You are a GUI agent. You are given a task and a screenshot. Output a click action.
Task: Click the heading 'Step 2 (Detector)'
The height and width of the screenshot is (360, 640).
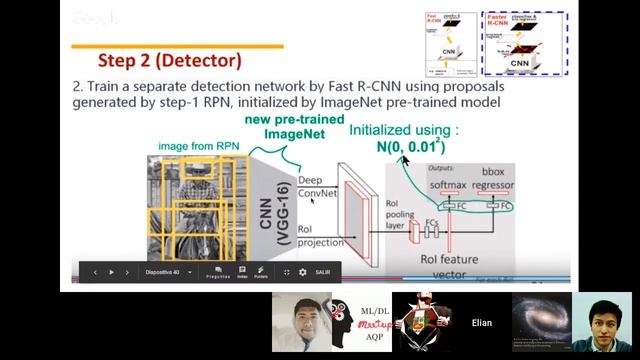[169, 60]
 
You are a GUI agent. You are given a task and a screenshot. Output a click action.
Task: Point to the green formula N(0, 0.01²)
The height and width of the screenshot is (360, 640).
[410, 146]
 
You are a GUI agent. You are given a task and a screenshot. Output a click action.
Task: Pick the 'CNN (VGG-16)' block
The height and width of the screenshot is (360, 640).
[275, 212]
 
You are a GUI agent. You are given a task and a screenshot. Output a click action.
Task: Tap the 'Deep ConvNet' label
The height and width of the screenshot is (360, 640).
[317, 187]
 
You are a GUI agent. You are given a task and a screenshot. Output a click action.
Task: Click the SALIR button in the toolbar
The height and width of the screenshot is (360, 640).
[322, 272]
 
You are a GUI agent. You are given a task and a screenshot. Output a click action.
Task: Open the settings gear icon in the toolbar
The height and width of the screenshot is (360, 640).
[303, 272]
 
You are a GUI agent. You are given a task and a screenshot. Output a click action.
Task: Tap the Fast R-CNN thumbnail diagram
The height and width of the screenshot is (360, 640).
[447, 44]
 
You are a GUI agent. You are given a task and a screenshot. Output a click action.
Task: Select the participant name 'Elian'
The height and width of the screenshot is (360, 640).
[482, 323]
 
